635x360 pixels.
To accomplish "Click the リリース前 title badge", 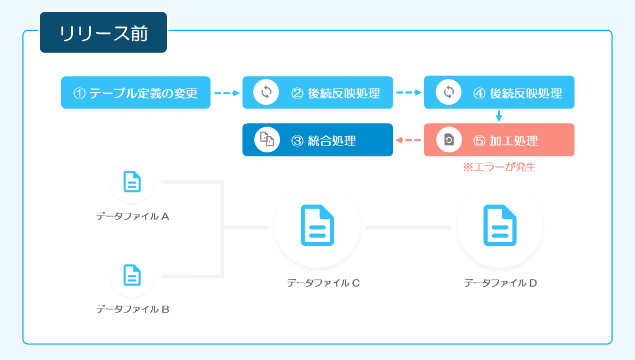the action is coord(103,32).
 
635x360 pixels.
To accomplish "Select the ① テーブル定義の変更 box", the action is coord(136,92).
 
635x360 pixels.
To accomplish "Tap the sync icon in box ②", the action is coord(266,92).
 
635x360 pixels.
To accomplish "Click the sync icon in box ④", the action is coord(449,92).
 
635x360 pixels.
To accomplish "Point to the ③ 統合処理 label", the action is coord(324,141).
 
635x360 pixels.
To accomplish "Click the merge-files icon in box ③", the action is coord(267,140).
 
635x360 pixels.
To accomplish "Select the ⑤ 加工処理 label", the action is coord(506,141).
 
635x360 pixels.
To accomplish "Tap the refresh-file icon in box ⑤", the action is coord(449,140).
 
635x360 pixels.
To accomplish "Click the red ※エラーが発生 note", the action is coord(499,167).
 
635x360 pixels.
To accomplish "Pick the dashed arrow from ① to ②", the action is coord(227,93).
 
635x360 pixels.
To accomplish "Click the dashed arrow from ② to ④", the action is coord(409,93).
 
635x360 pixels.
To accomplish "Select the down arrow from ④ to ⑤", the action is coord(499,116).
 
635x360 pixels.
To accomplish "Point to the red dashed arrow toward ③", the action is coord(408,140).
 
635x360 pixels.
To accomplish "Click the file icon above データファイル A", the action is coord(132,181).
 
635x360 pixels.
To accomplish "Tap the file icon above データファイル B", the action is coord(132,275).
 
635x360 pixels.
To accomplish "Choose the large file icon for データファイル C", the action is coord(317,226).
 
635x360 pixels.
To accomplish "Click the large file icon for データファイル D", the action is coord(500,226).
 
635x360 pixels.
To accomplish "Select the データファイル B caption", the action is coord(132,310).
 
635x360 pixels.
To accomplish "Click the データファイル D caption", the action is coord(500,283).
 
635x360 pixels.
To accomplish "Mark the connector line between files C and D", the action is coord(409,227).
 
